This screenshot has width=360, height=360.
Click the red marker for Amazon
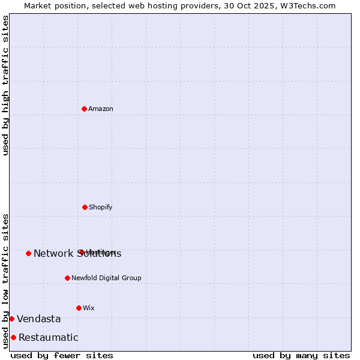(84, 109)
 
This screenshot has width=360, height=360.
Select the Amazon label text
(101, 109)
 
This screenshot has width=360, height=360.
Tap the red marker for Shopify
(85, 207)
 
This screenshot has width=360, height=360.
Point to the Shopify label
(101, 208)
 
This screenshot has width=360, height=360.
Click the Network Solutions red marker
(28, 253)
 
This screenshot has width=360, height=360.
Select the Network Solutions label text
(77, 254)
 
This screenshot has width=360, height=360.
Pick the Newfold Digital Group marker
(67, 278)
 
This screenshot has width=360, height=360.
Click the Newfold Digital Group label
(106, 278)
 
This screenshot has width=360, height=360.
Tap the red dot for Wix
(79, 308)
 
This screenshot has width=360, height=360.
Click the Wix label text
(89, 308)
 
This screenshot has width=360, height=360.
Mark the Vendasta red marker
(11, 319)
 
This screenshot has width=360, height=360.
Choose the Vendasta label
(39, 319)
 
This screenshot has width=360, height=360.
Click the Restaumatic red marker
(13, 337)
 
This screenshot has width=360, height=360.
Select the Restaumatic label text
(49, 338)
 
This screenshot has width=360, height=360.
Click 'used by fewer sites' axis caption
(62, 355)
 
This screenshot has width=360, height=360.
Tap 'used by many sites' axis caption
(301, 355)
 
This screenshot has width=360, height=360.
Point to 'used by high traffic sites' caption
(5, 85)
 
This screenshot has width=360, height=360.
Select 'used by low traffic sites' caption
(5, 281)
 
